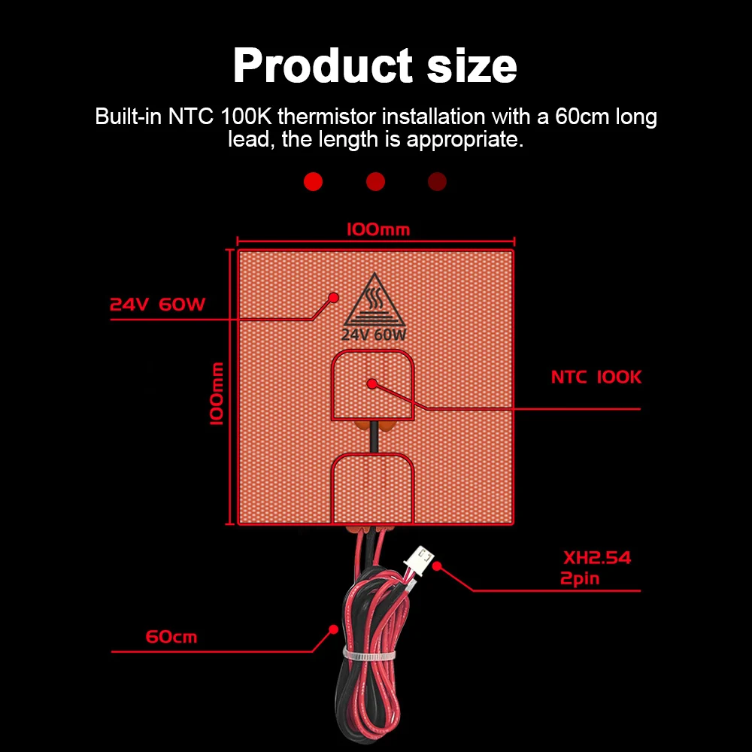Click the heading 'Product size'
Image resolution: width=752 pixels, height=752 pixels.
pyautogui.click(x=374, y=66)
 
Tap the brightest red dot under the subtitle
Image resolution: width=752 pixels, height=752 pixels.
pyautogui.click(x=313, y=181)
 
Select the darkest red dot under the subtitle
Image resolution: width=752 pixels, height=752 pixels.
pyautogui.click(x=437, y=181)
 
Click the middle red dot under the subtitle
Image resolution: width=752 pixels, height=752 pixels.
pyautogui.click(x=375, y=181)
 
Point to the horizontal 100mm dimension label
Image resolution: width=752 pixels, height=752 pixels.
pyautogui.click(x=378, y=229)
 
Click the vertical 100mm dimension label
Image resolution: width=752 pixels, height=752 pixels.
pyautogui.click(x=217, y=393)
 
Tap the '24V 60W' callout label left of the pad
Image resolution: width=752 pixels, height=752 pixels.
pyautogui.click(x=157, y=305)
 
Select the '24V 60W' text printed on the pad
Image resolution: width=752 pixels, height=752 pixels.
pyautogui.click(x=374, y=335)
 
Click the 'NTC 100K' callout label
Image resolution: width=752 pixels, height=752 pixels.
pyautogui.click(x=596, y=378)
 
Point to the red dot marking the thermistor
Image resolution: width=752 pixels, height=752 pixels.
pyautogui.click(x=371, y=384)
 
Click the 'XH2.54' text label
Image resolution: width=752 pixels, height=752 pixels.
pyautogui.click(x=597, y=559)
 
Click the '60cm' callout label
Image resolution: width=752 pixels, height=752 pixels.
pyautogui.click(x=171, y=637)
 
